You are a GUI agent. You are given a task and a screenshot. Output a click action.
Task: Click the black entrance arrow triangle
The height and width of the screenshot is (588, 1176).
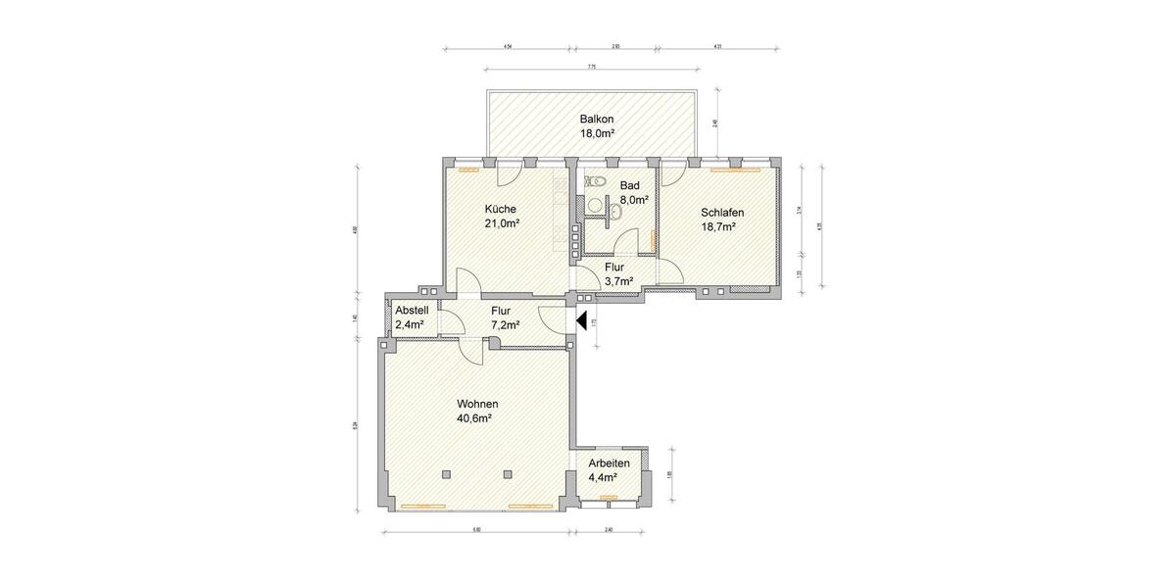click(x=582, y=319)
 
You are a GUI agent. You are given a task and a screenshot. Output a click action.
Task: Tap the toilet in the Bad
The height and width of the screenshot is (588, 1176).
click(x=596, y=180)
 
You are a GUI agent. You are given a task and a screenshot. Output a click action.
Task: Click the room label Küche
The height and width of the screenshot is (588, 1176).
click(x=501, y=209)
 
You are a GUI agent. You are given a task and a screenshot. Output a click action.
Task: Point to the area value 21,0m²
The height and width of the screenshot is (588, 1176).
click(x=501, y=223)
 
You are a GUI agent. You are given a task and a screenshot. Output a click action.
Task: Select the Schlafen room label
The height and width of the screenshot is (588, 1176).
click(x=722, y=213)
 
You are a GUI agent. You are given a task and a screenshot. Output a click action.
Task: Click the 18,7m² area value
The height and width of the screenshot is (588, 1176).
click(x=719, y=227)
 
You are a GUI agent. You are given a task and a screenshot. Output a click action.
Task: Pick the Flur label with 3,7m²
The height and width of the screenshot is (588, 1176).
click(x=615, y=267)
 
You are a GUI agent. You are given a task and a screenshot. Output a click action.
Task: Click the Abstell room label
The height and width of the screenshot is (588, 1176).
click(x=412, y=311)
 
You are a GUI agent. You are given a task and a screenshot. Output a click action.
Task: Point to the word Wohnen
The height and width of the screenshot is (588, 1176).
click(x=477, y=404)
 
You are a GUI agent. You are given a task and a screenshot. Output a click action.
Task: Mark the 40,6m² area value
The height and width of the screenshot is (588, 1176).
click(x=474, y=418)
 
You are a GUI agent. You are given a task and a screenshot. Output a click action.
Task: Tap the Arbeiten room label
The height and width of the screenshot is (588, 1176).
click(x=609, y=464)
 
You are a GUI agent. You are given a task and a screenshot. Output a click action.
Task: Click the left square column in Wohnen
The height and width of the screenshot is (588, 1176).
click(x=446, y=474)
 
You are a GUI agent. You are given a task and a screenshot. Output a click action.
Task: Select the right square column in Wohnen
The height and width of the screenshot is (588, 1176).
click(x=508, y=474)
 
